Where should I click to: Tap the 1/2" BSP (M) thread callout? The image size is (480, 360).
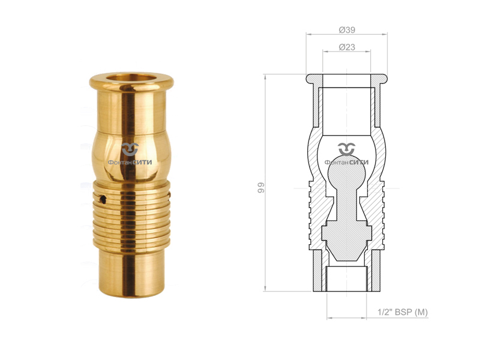[x=402, y=313]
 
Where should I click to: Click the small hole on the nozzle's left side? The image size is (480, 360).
[x=103, y=198]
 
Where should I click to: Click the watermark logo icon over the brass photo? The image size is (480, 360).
[x=130, y=149]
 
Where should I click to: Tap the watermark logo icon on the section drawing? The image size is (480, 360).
[x=346, y=149]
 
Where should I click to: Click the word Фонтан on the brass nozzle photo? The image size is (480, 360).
[x=119, y=161]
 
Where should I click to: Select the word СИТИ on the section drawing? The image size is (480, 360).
[x=358, y=161]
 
